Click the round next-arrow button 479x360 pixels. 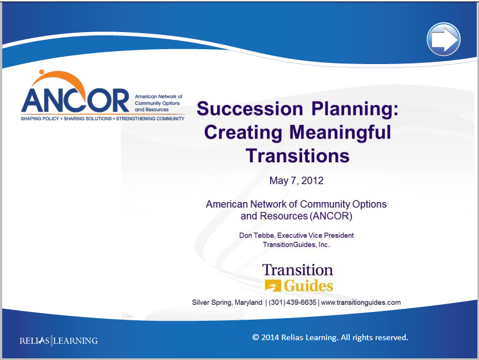click(444, 39)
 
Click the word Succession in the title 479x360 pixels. click(250, 109)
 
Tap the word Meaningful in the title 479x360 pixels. click(340, 133)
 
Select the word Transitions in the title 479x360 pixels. click(298, 156)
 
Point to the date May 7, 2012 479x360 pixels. click(296, 181)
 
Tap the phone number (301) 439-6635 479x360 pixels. click(292, 302)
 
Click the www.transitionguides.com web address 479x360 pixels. click(361, 302)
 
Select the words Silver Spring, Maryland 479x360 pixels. click(227, 302)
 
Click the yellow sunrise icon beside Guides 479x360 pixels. click(272, 285)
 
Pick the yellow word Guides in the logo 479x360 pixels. click(308, 286)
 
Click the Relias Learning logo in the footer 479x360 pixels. click(59, 341)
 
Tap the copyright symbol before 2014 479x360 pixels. click(255, 337)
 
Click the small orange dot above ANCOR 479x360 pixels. click(41, 72)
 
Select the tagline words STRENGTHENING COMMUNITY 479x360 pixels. click(150, 119)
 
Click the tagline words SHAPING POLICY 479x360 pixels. click(40, 119)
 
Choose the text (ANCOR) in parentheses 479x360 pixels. click(331, 216)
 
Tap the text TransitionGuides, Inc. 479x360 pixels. click(296, 245)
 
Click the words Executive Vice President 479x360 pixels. click(315, 235)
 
